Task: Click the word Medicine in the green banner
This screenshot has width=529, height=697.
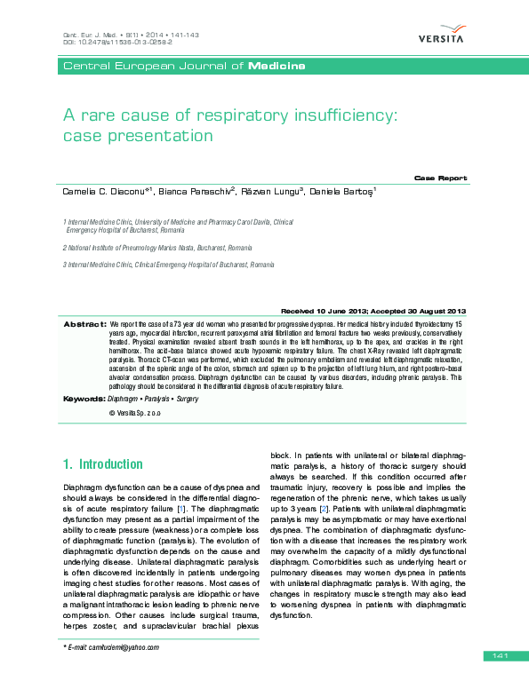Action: (x=277, y=67)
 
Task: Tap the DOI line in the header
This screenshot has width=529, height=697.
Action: (x=116, y=42)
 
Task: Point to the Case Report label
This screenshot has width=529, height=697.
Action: (x=440, y=178)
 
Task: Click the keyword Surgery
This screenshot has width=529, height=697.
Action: (x=187, y=400)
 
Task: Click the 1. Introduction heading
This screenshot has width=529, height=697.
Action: (x=102, y=464)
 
